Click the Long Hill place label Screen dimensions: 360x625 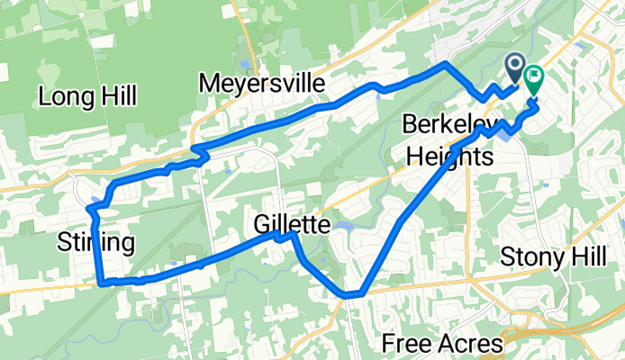click(x=87, y=95)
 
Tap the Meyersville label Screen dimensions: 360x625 click(x=261, y=83)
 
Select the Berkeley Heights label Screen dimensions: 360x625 click(x=449, y=139)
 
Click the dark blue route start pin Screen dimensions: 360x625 click(x=515, y=65)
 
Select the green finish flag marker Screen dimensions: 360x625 click(x=533, y=81)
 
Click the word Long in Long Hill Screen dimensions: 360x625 click(x=66, y=95)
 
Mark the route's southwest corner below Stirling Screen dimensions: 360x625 click(x=100, y=282)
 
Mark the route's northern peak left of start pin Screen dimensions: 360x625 click(x=444, y=65)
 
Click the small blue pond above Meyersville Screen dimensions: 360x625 click(x=245, y=64)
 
